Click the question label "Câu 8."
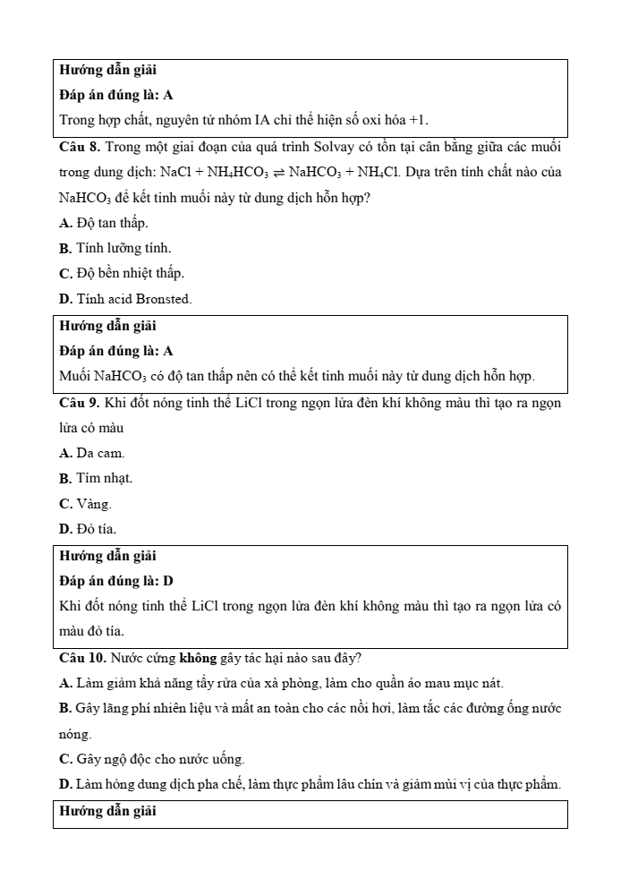click(x=80, y=146)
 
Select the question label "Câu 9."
click(x=80, y=403)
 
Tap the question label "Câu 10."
click(x=82, y=658)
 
